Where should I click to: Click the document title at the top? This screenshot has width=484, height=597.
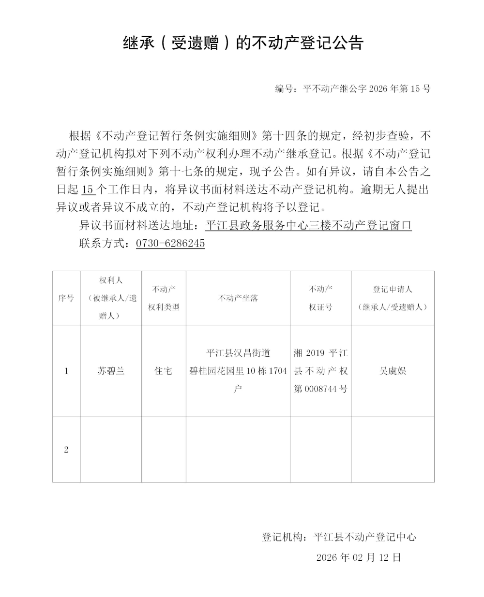tap(243, 44)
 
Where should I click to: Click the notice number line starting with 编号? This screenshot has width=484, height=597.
tap(352, 88)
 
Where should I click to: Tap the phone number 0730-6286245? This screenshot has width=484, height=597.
tap(170, 243)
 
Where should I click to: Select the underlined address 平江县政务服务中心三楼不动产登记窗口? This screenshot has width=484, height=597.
tap(308, 225)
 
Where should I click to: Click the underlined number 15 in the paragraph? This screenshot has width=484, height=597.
tap(88, 189)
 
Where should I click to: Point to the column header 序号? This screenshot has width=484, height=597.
tap(66, 298)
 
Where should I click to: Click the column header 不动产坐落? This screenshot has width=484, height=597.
tap(238, 298)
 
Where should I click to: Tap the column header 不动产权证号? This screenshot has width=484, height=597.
tap(320, 298)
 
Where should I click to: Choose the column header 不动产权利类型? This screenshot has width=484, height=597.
tap(164, 298)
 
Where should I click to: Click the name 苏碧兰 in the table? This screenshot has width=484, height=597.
tap(111, 371)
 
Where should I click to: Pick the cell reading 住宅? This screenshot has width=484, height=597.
tap(164, 371)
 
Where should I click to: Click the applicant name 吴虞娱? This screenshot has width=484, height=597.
tap(393, 371)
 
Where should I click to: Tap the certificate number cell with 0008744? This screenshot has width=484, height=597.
tap(320, 371)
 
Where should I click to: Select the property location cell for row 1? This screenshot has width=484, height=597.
tap(238, 371)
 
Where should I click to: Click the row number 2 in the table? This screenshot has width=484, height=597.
tap(66, 450)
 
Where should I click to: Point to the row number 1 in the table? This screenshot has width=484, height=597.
tap(66, 371)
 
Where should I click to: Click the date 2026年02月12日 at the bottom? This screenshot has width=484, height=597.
tap(359, 557)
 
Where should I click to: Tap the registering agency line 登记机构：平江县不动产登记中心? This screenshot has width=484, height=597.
tap(339, 537)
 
